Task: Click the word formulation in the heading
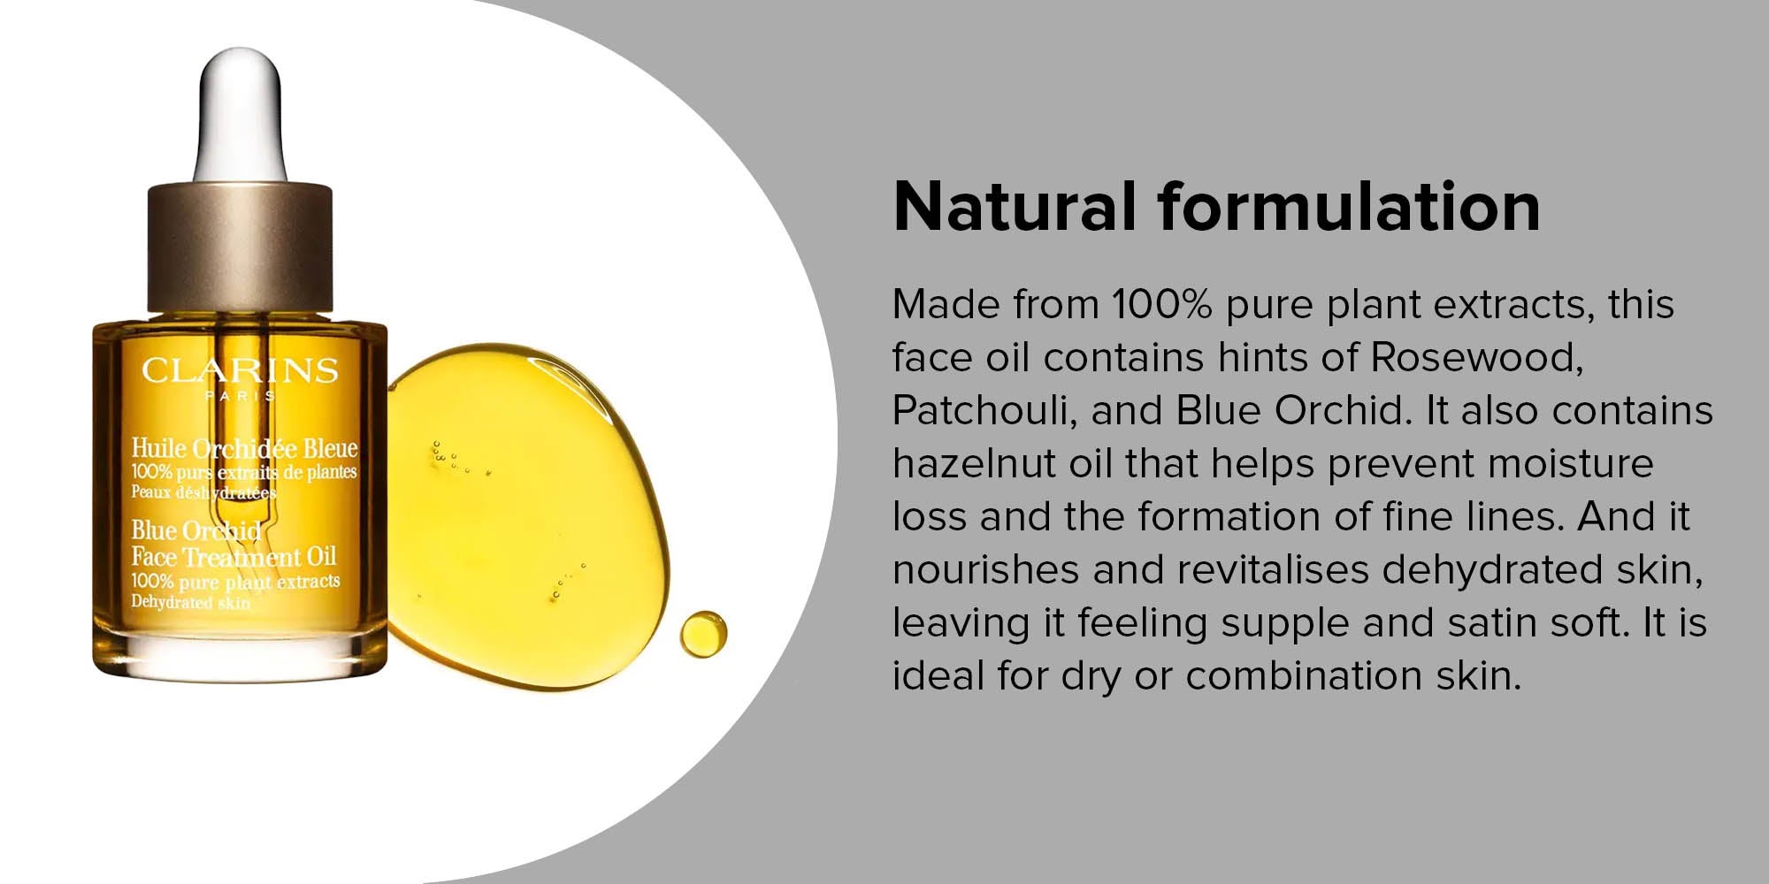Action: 1349,207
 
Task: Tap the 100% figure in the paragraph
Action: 1161,304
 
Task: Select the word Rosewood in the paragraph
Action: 1476,357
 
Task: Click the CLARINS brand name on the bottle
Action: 239,370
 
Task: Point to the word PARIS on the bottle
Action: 239,396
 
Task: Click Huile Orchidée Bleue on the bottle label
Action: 244,448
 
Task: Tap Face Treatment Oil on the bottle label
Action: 234,557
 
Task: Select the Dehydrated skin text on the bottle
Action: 191,603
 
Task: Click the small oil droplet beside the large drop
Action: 703,633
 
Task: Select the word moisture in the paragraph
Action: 1571,463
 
